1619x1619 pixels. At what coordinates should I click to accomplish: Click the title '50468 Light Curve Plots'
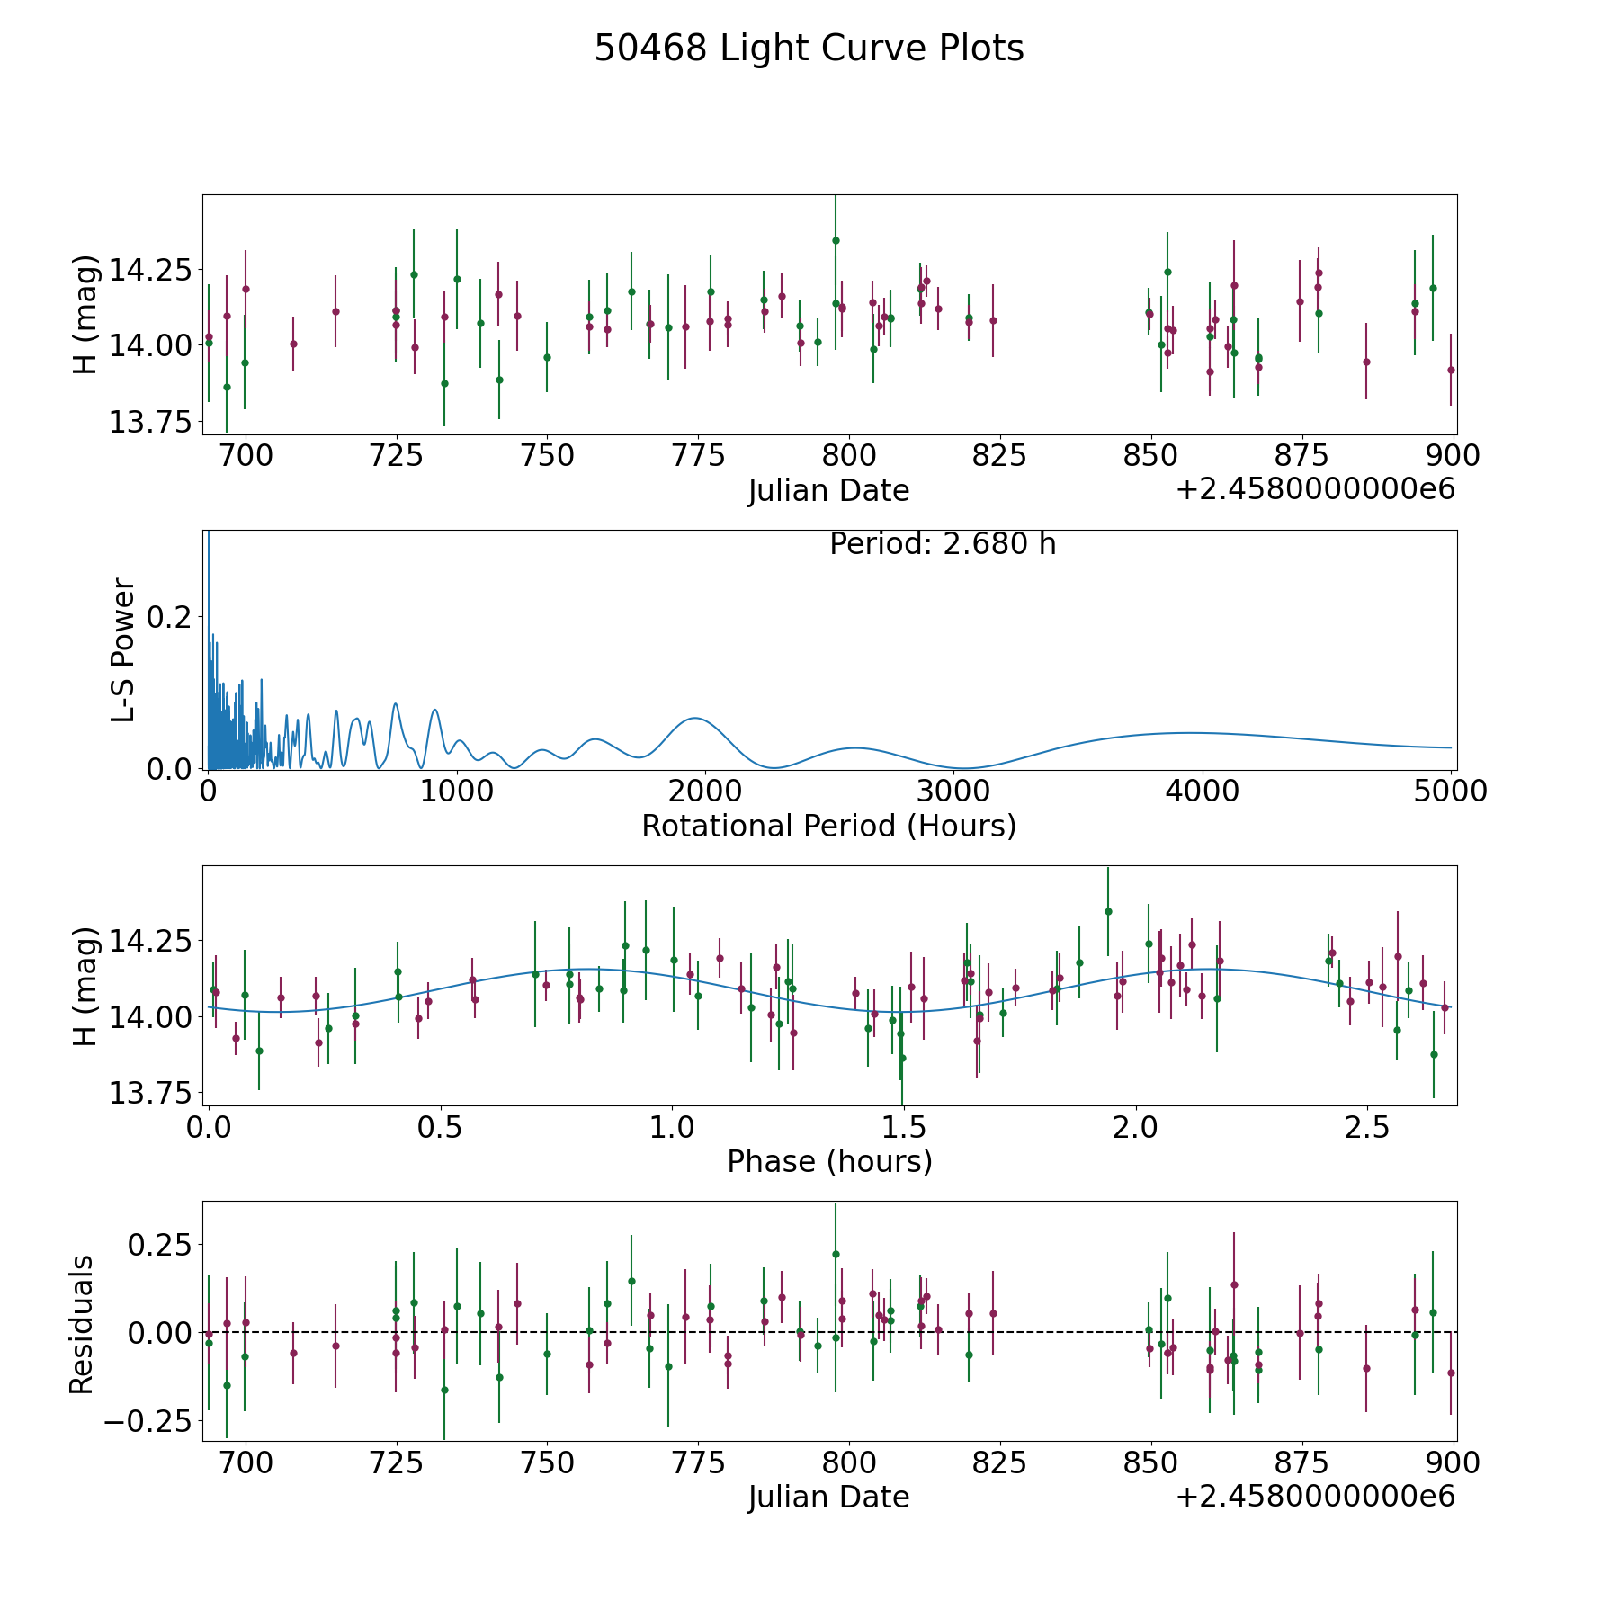[x=809, y=49]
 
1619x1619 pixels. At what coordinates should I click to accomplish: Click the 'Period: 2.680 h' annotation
[x=942, y=544]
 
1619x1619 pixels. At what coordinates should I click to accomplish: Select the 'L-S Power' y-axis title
[x=123, y=649]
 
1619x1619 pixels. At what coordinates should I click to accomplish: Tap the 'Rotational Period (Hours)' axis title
[x=828, y=826]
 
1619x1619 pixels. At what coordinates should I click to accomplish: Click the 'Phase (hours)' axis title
[x=828, y=1161]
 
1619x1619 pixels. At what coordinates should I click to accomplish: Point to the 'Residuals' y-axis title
[x=82, y=1325]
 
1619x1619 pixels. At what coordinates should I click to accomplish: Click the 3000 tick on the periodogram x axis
[x=953, y=792]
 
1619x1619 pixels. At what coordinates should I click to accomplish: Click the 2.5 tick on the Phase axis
[x=1367, y=1128]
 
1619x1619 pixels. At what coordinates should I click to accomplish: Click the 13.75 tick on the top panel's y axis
[x=149, y=421]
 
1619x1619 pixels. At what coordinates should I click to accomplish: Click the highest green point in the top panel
[x=836, y=240]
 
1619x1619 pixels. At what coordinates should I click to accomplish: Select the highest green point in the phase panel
[x=1108, y=911]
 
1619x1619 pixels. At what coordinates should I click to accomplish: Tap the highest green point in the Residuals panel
[x=836, y=1254]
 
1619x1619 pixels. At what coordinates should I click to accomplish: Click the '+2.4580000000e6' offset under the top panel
[x=1315, y=489]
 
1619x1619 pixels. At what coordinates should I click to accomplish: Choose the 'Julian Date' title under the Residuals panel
[x=828, y=1497]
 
